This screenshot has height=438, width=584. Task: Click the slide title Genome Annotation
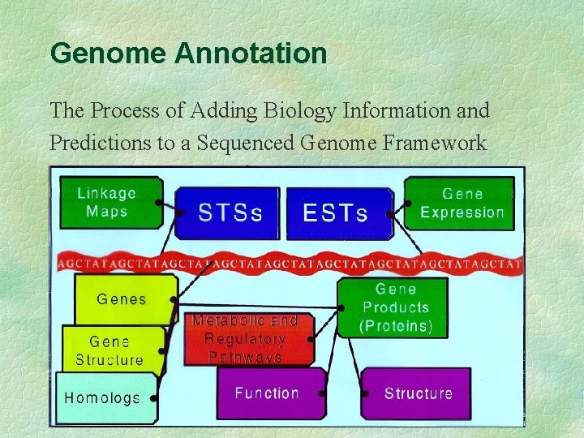(188, 54)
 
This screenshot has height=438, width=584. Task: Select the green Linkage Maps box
(106, 203)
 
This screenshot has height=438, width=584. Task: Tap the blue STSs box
(230, 213)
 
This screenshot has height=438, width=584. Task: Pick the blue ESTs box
(336, 213)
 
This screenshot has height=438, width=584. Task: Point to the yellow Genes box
(122, 299)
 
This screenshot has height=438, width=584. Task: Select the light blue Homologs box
(103, 397)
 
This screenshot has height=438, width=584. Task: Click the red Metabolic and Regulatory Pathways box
(245, 339)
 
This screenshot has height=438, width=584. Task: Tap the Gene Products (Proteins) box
(397, 308)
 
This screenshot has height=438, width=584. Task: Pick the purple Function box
(267, 393)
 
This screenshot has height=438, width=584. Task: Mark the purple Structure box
(418, 393)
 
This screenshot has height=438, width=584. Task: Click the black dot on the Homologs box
(153, 398)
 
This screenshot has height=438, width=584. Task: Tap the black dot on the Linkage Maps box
(158, 201)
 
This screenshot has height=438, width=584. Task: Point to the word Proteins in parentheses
(397, 326)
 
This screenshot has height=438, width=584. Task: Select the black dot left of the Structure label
(366, 393)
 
